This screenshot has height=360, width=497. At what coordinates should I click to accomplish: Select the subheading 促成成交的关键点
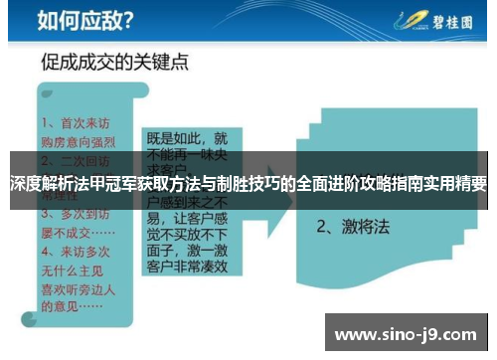point(115,62)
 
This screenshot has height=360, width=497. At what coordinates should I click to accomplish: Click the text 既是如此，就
point(187,138)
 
